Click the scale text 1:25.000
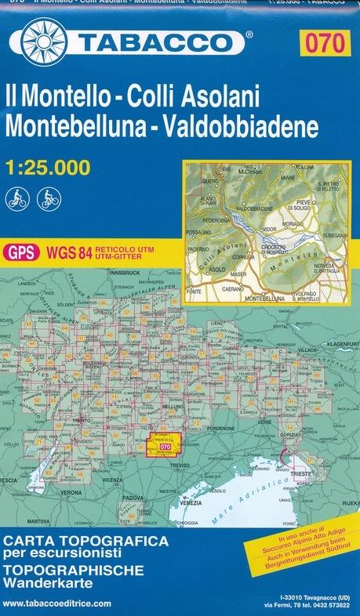click(x=47, y=167)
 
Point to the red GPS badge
click(x=20, y=252)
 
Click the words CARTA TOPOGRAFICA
click(x=75, y=542)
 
